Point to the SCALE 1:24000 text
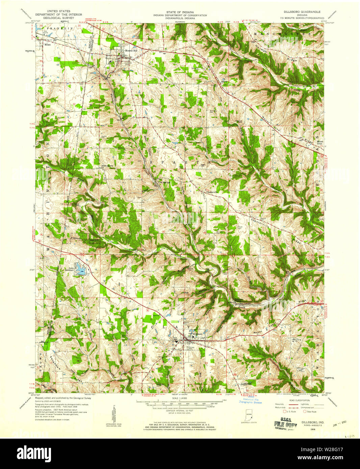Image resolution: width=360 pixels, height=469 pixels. click(x=180, y=399)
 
